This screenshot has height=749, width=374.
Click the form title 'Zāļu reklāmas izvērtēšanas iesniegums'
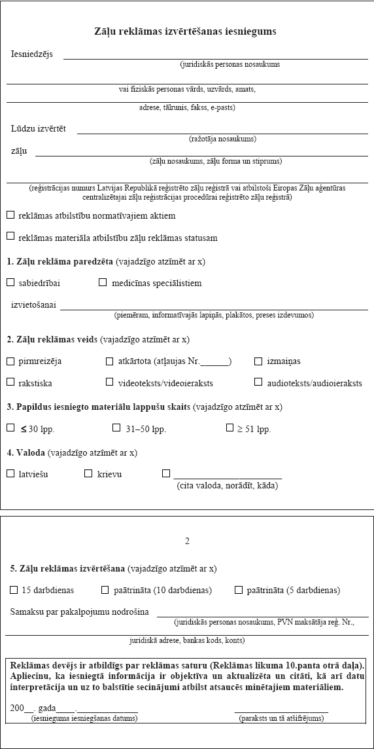pyautogui.click(x=185, y=31)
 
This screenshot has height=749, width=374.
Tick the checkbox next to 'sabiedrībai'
pyautogui.click(x=10, y=283)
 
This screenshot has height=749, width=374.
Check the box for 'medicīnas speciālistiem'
pyautogui.click(x=103, y=283)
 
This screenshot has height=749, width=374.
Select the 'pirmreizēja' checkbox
pyautogui.click(x=10, y=361)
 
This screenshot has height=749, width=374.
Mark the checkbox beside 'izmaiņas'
pyautogui.click(x=258, y=361)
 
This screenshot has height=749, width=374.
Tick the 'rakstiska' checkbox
pyautogui.click(x=10, y=382)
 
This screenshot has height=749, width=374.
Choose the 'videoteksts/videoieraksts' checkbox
pyautogui.click(x=109, y=382)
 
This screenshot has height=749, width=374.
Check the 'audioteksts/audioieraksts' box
pyautogui.click(x=258, y=382)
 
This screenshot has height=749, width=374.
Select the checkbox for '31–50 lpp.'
pyautogui.click(x=116, y=428)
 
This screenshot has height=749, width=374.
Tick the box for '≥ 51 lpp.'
pyautogui.click(x=229, y=428)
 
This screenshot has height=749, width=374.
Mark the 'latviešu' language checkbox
pyautogui.click(x=10, y=473)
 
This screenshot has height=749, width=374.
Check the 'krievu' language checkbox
pyautogui.click(x=88, y=473)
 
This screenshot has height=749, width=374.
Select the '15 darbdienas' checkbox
pyautogui.click(x=14, y=590)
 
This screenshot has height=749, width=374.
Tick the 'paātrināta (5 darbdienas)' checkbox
pyautogui.click(x=238, y=590)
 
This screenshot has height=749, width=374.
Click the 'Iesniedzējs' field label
pyautogui.click(x=32, y=54)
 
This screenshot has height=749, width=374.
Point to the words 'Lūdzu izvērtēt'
pyautogui.click(x=39, y=129)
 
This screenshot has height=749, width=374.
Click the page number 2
pyautogui.click(x=187, y=541)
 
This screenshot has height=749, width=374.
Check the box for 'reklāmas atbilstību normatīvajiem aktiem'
pyautogui.click(x=10, y=215)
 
